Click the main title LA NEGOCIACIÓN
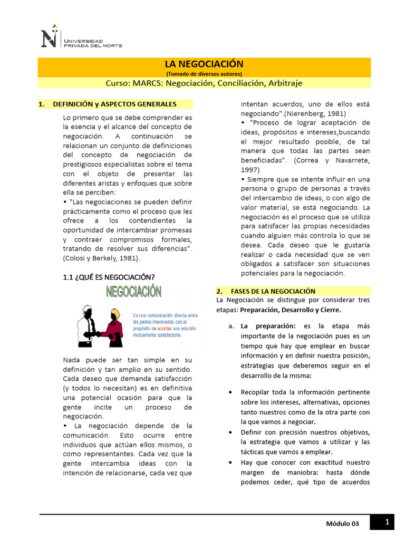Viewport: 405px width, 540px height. (x=204, y=64)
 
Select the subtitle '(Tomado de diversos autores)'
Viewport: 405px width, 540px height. (x=204, y=74)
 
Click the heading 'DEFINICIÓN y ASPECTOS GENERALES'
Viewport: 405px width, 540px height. (x=114, y=104)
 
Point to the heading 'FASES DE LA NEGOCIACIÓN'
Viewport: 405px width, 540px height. (x=273, y=291)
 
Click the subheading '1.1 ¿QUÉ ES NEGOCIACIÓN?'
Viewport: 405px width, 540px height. (x=109, y=277)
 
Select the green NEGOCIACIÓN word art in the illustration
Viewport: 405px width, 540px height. (x=134, y=292)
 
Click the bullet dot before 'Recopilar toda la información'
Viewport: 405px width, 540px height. (x=233, y=393)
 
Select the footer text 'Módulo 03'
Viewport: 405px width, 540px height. (x=342, y=524)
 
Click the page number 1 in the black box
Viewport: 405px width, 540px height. (x=387, y=523)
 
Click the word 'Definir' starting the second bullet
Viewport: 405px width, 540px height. (x=251, y=432)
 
